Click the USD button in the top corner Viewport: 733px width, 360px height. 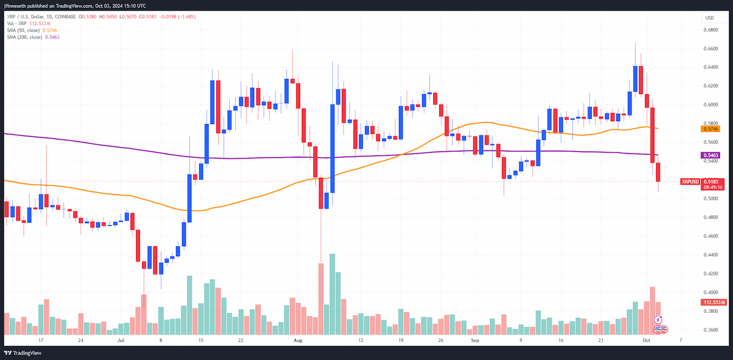coord(713,18)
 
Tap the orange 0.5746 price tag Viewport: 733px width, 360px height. coord(710,129)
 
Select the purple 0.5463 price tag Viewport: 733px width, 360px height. coord(710,155)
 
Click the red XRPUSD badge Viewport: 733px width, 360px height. coord(690,182)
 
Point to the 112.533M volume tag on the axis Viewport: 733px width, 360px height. coord(713,303)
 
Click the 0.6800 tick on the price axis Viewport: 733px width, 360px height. coord(711,30)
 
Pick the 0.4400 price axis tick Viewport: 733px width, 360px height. coord(711,255)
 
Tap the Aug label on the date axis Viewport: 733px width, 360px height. coord(298,340)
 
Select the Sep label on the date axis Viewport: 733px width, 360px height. coord(475,340)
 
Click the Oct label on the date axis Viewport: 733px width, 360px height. coord(646,340)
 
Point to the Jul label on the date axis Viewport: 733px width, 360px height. coord(121,340)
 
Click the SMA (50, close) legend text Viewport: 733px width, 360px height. coord(23,30)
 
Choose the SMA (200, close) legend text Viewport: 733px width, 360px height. coord(24,37)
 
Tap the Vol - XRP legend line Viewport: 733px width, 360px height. coord(29,24)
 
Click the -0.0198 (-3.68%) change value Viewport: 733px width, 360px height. coord(177,17)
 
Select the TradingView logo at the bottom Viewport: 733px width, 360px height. coord(23,353)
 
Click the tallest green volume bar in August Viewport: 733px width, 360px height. coord(332,294)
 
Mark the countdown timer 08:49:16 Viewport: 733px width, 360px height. coord(713,188)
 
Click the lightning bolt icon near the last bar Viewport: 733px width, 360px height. coord(658,320)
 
